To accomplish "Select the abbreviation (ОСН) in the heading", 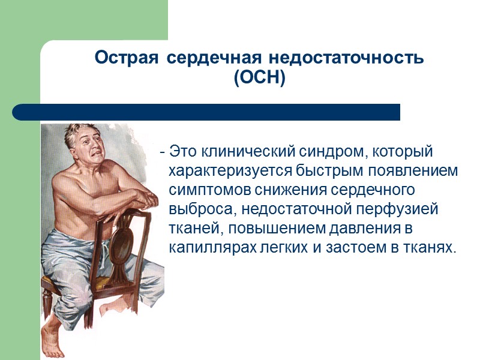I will click(x=260, y=78).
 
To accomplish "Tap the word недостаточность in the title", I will click(x=346, y=58).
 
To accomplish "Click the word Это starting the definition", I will click(x=184, y=151).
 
